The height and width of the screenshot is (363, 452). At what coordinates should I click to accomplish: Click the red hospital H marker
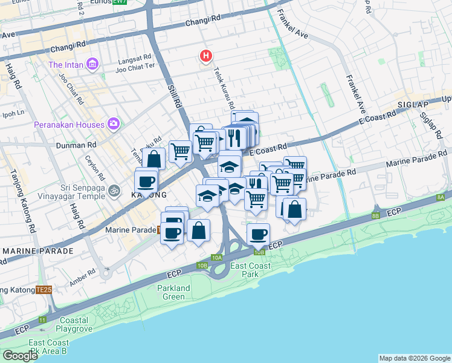point(206,57)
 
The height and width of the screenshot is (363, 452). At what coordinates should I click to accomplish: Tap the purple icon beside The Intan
point(92,64)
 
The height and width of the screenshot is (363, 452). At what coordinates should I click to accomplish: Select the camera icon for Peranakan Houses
point(113,124)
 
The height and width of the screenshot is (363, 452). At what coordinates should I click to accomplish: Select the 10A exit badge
point(217,258)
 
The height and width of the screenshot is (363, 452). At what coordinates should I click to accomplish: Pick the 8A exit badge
point(441,197)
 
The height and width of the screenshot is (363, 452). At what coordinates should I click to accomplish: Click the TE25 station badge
point(44,290)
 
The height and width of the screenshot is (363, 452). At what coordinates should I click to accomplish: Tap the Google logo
point(20,356)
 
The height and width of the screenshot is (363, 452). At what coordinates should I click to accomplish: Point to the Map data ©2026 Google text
point(415,358)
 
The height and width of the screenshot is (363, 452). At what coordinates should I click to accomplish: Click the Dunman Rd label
point(76,145)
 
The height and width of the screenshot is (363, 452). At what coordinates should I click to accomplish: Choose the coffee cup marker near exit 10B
point(259,235)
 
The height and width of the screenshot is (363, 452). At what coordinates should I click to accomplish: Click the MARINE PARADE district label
point(37,250)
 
